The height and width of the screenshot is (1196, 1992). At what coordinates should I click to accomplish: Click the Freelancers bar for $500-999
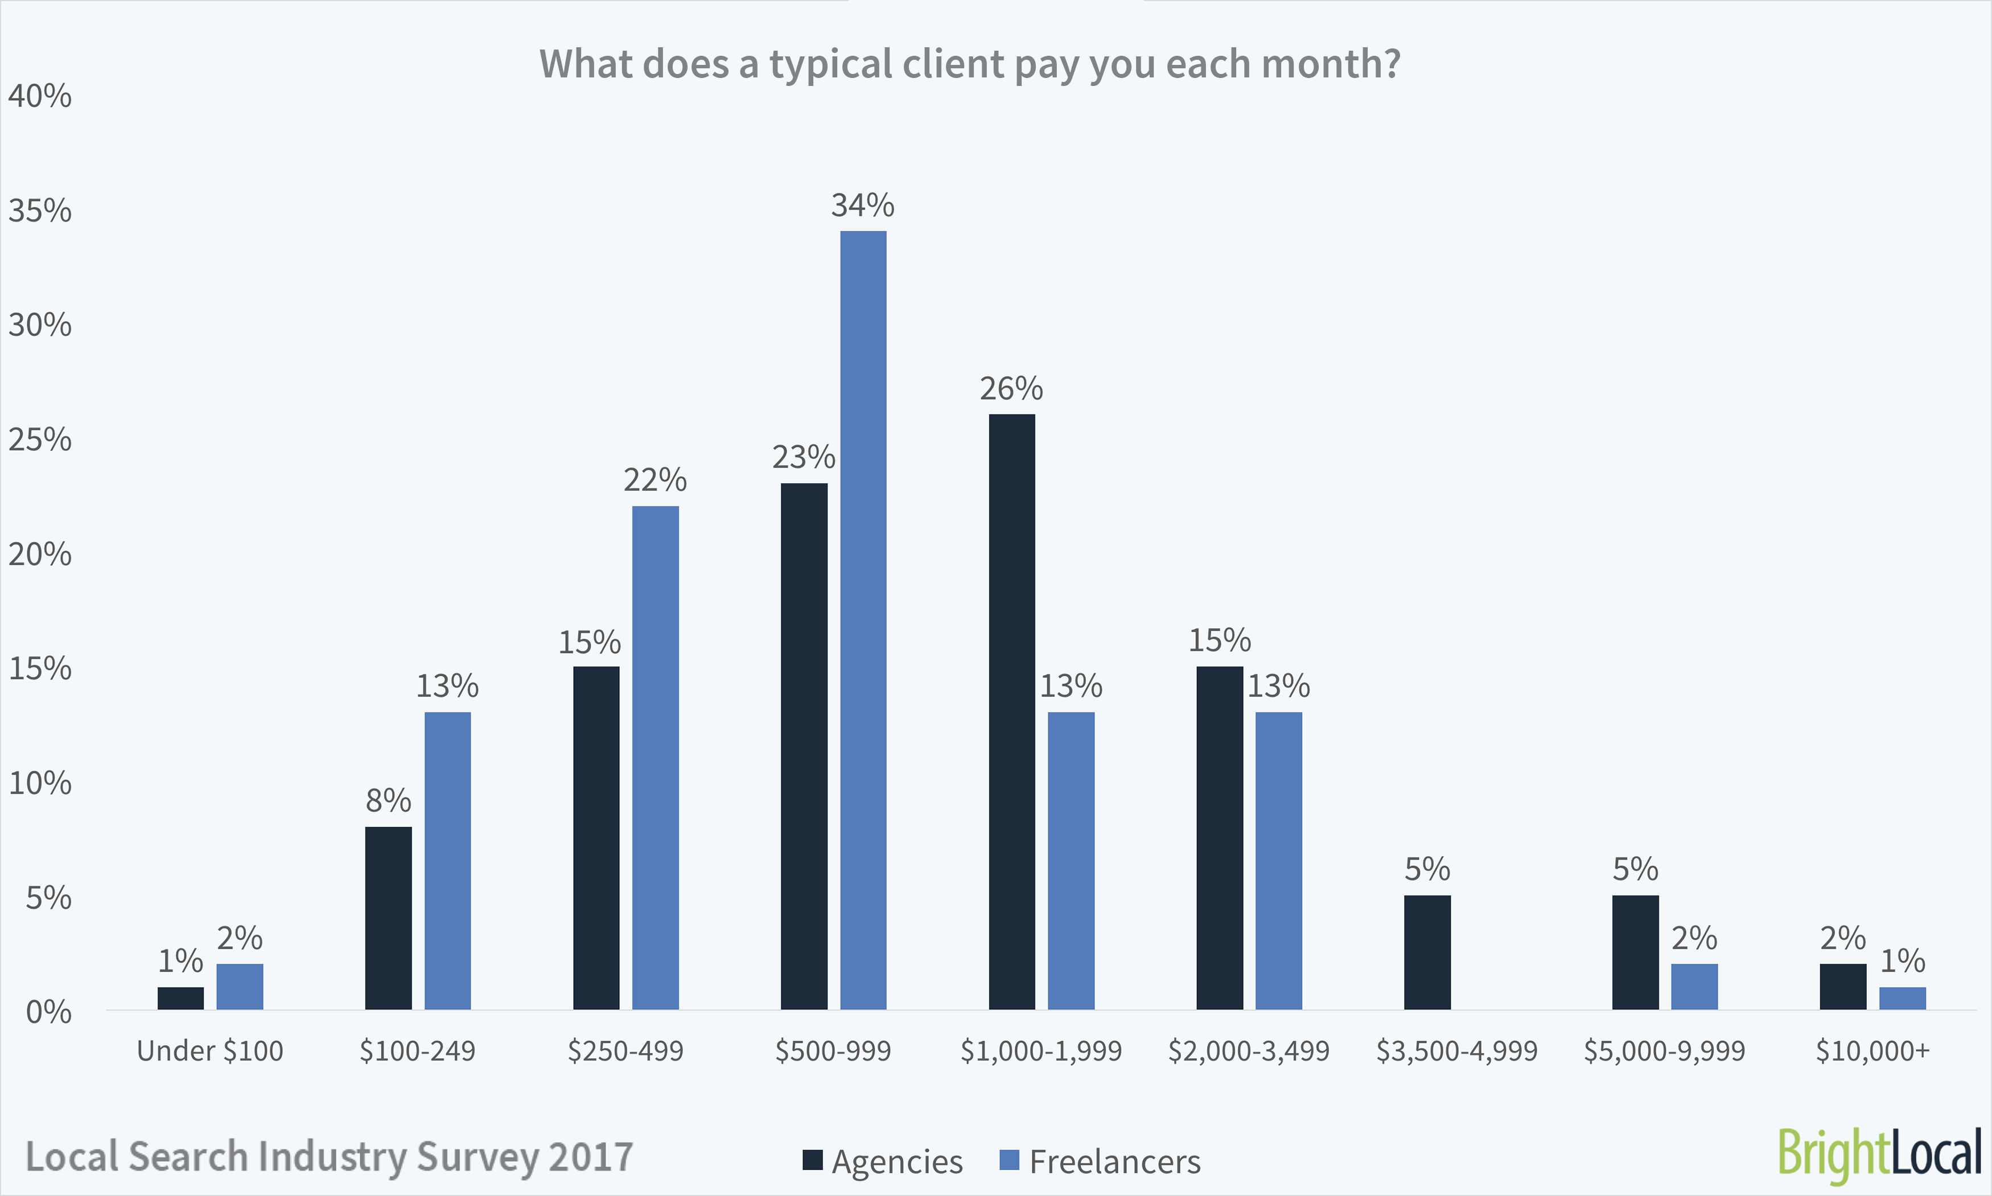coord(863,620)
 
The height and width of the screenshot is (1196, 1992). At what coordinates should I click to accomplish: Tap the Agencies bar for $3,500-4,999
coord(1427,952)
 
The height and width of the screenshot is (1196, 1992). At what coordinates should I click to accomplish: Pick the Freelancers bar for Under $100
coord(240,987)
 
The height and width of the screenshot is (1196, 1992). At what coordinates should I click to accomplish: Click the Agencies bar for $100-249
coord(388,918)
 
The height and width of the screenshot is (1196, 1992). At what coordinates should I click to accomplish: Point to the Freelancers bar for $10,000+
coord(1903,998)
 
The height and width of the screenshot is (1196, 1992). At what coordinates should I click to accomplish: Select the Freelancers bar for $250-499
coord(655,758)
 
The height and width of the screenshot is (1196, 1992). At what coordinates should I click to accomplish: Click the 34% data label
coord(862,206)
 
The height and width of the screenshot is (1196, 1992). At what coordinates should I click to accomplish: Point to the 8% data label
coord(388,800)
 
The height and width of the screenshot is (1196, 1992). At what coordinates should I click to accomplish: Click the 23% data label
coord(804,457)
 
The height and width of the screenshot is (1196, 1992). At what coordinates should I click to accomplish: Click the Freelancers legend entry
coord(1100,1161)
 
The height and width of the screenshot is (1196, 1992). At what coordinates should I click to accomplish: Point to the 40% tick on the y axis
coord(39,96)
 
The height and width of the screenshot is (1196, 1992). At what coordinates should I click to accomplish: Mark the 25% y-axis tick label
coord(39,440)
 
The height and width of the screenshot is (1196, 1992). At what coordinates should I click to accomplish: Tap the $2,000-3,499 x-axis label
coord(1248,1051)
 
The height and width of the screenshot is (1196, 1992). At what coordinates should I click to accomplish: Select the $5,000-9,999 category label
coord(1664,1051)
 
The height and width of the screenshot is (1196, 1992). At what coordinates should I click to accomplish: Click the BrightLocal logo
coord(1879,1154)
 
